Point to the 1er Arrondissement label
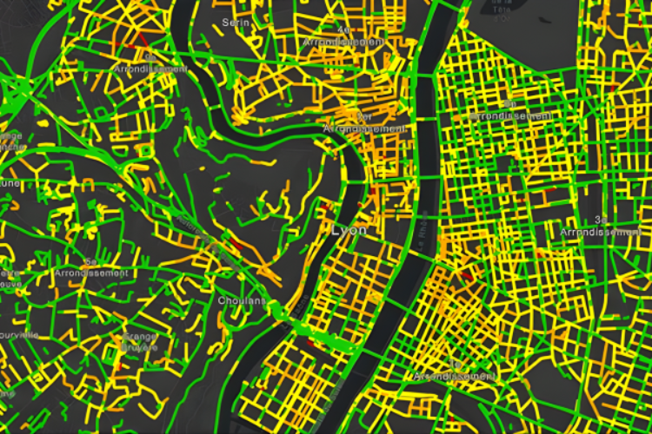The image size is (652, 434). click(364, 123)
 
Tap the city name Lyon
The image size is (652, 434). click(349, 231)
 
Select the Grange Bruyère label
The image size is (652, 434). click(139, 341)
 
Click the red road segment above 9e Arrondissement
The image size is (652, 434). click(141, 40)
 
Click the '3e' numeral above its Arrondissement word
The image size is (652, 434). click(600, 220)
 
